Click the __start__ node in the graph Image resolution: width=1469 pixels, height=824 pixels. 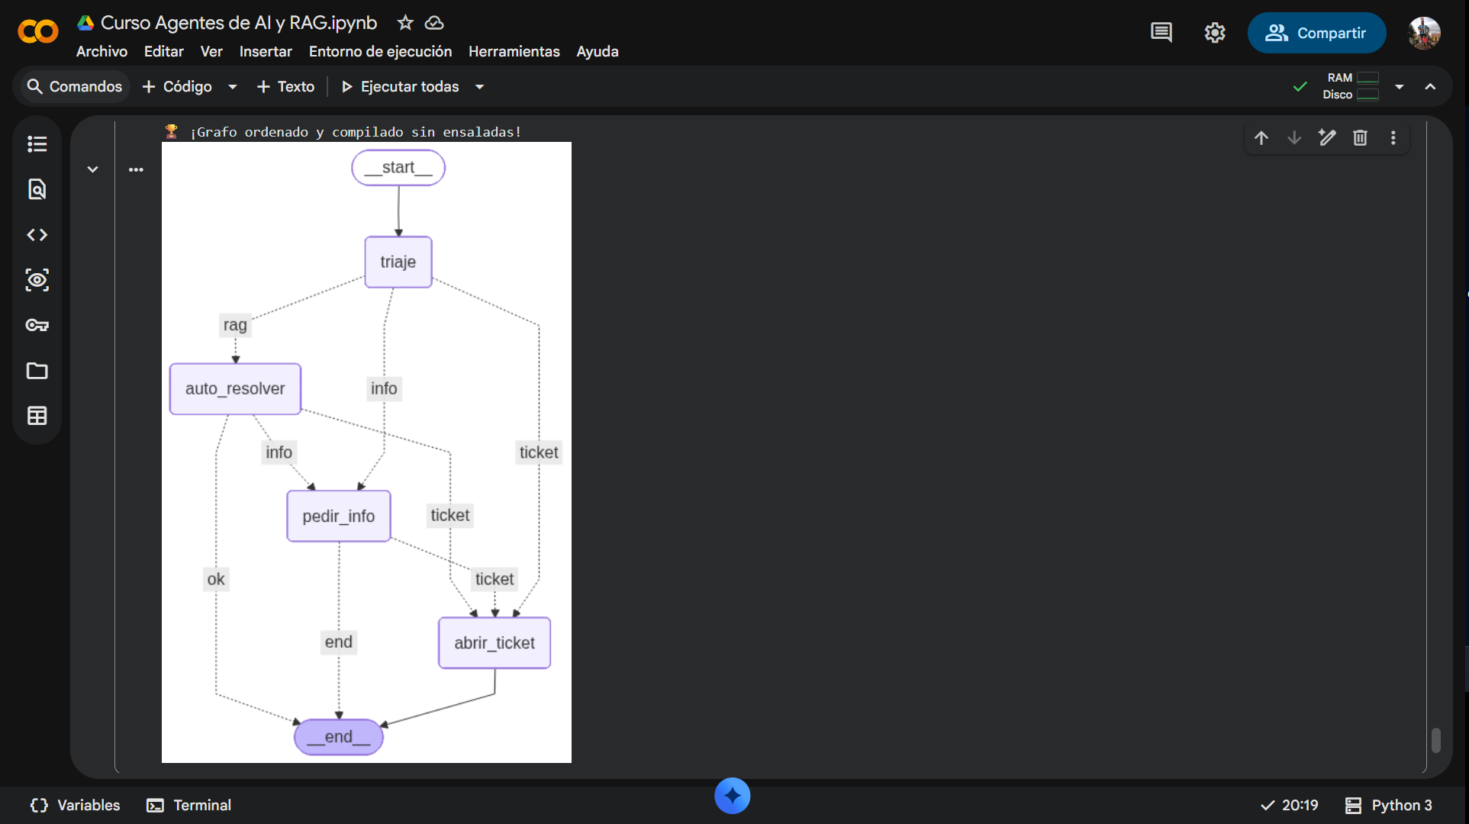click(x=398, y=168)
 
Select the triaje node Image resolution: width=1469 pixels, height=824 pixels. click(x=398, y=262)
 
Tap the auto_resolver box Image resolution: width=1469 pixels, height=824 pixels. click(x=235, y=389)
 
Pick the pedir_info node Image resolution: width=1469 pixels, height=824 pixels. click(x=339, y=517)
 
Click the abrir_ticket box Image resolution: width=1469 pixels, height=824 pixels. click(x=494, y=643)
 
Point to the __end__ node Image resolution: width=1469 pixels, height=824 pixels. click(x=339, y=737)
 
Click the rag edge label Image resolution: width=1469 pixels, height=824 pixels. click(x=235, y=325)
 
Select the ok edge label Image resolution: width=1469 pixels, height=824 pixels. click(x=216, y=579)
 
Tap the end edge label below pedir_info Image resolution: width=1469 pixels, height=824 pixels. click(x=339, y=642)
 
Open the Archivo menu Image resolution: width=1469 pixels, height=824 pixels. click(x=101, y=51)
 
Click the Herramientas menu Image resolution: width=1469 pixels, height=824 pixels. click(x=514, y=51)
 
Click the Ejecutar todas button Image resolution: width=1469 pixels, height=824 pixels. click(x=401, y=86)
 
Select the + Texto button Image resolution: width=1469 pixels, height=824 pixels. click(x=285, y=86)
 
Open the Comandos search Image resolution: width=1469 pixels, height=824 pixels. click(x=75, y=86)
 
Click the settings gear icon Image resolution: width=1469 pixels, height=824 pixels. click(x=1215, y=33)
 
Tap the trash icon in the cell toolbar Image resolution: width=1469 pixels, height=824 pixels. click(x=1360, y=138)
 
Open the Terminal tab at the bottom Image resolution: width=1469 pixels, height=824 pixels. click(x=189, y=805)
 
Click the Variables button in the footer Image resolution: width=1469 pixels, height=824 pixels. click(x=75, y=805)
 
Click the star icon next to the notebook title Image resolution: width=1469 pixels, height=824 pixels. click(x=405, y=23)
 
